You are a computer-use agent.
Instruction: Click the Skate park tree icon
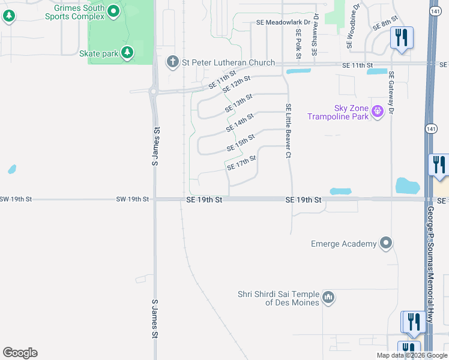(x=127, y=53)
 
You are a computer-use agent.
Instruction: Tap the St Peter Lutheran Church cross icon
(x=172, y=62)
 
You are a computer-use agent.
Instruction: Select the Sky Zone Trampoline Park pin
(x=378, y=111)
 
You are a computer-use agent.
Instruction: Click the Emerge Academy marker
(x=386, y=244)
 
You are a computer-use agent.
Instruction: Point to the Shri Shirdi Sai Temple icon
(x=328, y=297)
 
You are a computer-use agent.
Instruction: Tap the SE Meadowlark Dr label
(x=283, y=22)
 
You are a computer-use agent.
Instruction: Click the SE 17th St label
(x=242, y=162)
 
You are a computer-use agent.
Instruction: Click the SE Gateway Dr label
(x=391, y=92)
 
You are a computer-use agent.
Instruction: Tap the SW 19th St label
(x=133, y=199)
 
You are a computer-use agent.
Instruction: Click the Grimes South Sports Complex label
(x=79, y=13)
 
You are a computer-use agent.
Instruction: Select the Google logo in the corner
(x=20, y=353)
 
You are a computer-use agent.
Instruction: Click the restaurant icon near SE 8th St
(x=400, y=38)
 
